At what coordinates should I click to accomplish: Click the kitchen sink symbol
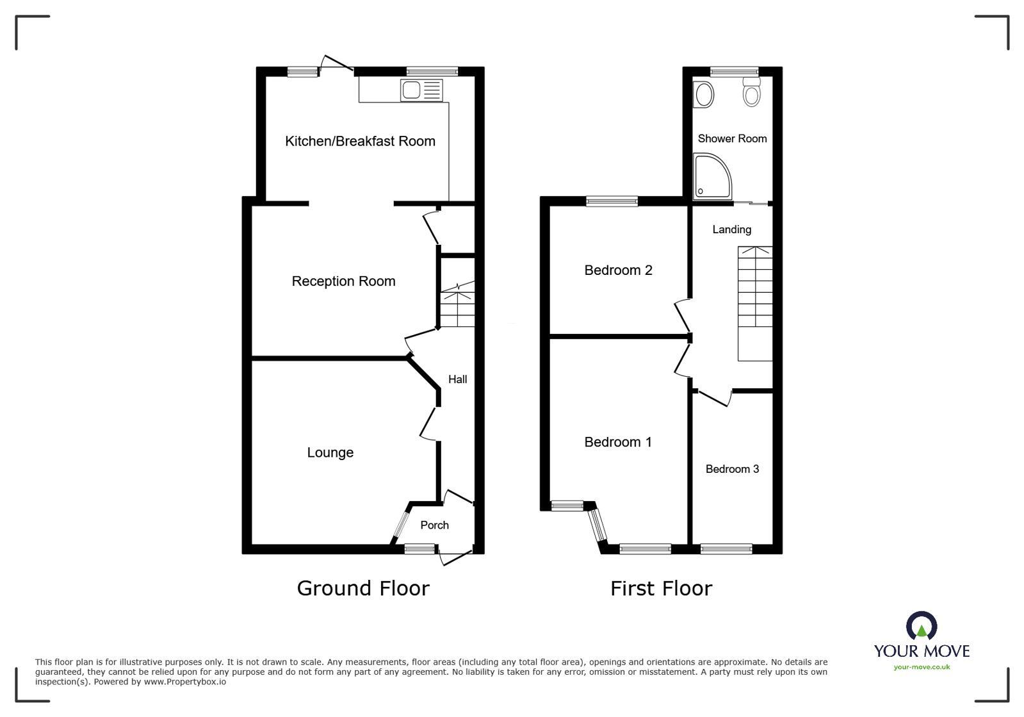(x=421, y=90)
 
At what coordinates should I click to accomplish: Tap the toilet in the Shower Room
(x=751, y=93)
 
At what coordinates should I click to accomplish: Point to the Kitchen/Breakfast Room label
(x=360, y=141)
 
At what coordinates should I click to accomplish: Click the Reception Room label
(x=343, y=281)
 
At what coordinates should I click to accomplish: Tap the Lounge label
(x=330, y=452)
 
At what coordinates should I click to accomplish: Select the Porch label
(x=434, y=525)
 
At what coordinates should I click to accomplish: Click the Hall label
(x=457, y=379)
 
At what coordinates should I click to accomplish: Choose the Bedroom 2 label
(x=618, y=270)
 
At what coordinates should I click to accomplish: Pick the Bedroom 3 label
(x=732, y=469)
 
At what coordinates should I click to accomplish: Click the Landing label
(x=731, y=229)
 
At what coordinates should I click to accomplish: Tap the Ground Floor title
(x=363, y=588)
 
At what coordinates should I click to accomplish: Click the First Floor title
(x=661, y=588)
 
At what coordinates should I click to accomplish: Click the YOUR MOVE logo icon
(x=921, y=627)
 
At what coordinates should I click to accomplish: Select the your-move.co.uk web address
(x=922, y=667)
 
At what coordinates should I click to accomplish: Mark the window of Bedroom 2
(x=612, y=201)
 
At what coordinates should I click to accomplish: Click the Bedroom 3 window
(x=726, y=548)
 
